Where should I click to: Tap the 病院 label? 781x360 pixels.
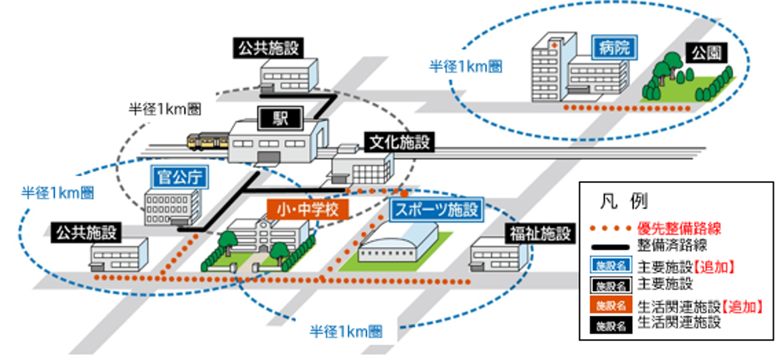coord(613,47)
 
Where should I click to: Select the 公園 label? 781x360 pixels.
coord(706,53)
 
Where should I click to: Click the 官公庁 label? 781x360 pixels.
coord(180,176)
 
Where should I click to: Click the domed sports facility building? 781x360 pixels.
coord(398,245)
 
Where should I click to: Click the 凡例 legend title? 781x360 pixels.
coord(620,200)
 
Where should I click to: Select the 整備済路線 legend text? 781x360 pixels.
coord(672,246)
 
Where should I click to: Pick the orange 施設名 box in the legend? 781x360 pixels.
coord(608,306)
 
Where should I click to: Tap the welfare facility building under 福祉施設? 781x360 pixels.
coord(497,256)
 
